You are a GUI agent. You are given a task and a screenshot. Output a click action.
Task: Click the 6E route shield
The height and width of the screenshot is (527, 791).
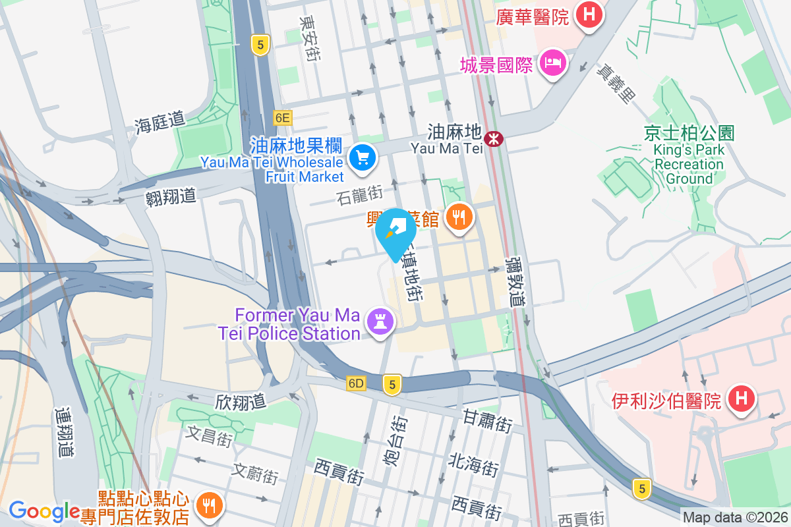point(282,118)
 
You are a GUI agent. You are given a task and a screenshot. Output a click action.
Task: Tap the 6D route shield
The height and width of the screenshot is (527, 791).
point(356,383)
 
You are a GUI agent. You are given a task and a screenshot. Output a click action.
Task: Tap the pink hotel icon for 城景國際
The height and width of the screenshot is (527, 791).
point(552,63)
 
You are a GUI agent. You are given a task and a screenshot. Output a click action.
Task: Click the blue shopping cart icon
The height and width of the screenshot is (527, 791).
point(362,157)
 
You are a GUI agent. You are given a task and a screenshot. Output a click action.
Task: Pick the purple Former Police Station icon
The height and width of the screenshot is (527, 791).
point(380,322)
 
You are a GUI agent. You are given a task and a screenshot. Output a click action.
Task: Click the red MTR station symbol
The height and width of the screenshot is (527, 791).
point(493,139)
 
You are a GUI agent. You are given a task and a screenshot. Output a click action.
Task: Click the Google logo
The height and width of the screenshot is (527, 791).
point(44,511)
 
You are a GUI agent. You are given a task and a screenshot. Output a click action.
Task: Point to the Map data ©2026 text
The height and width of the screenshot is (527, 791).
point(735,518)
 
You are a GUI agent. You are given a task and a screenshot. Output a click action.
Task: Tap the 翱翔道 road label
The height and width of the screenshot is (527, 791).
point(171,195)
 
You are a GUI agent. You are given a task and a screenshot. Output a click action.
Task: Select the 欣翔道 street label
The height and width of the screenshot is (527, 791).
point(240,401)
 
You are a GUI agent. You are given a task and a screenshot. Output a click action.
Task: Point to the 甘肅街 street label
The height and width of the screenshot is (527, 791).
point(488,421)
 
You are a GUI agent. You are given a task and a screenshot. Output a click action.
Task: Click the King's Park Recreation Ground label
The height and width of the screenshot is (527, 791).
point(689,156)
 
